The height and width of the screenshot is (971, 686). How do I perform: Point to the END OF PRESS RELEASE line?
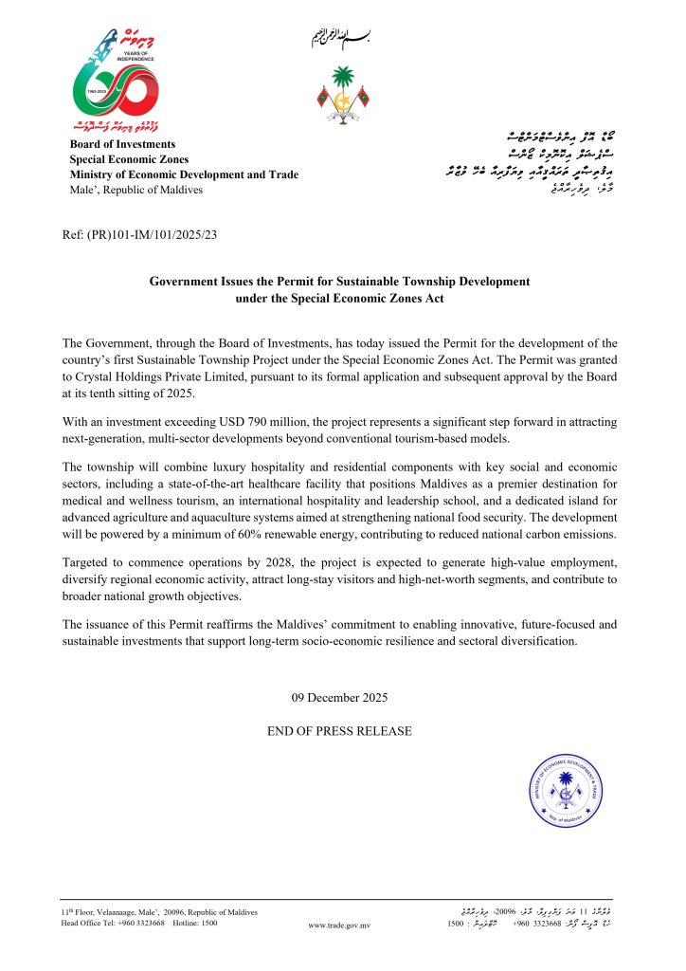[x=341, y=731]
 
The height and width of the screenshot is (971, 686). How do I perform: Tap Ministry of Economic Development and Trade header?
[x=184, y=174]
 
